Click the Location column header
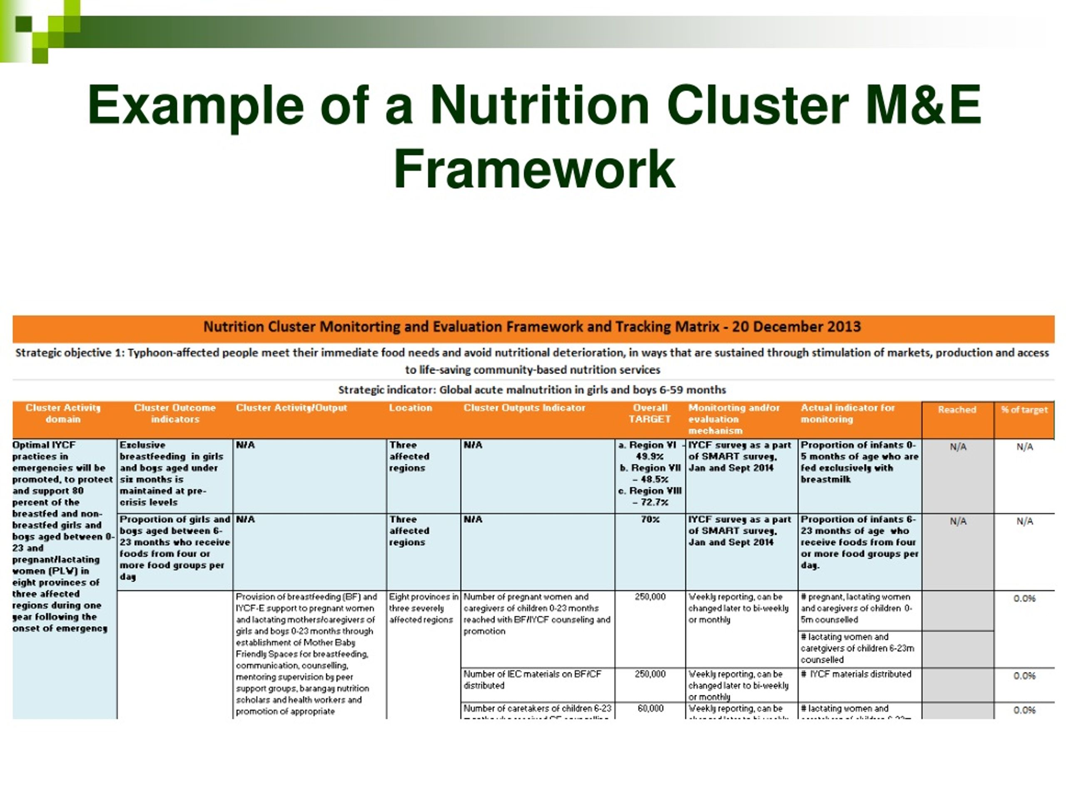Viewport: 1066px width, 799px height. pos(410,408)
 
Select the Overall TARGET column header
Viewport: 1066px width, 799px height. pos(650,413)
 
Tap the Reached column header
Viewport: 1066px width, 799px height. pos(956,410)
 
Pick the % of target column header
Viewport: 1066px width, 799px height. pos(1024,410)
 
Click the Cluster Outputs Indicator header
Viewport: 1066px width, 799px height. pos(524,408)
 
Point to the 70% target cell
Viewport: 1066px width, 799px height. pos(650,520)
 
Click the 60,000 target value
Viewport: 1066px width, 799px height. pos(650,708)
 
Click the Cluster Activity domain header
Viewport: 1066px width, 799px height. pos(63,413)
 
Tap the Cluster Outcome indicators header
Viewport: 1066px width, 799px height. pos(174,413)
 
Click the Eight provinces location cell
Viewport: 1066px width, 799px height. pos(423,608)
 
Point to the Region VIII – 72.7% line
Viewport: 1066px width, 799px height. pos(650,496)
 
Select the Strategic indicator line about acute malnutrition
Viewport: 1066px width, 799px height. pos(532,390)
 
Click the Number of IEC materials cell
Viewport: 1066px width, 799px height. pos(533,680)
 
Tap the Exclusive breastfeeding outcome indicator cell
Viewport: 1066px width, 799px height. pos(171,474)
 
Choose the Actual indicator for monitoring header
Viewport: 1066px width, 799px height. pos(847,413)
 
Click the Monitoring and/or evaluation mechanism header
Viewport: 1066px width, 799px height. pos(733,419)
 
